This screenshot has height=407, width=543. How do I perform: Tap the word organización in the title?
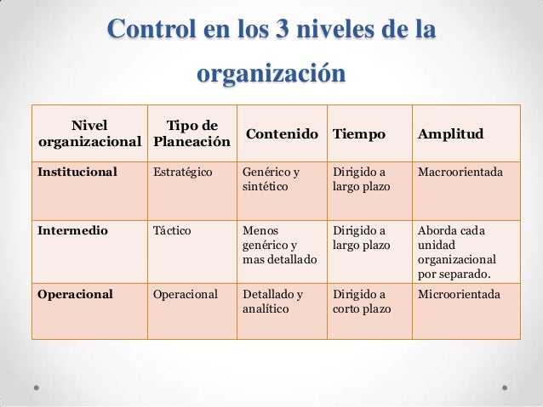coord(271,73)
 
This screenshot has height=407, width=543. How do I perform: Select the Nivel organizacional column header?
coord(90,133)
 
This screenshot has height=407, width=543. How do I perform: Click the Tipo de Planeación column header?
coord(191,133)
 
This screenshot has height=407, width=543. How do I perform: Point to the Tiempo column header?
coord(358,134)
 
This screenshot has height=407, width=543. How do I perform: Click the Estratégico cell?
coord(183,172)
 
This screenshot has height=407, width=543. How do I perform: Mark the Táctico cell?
coord(173,230)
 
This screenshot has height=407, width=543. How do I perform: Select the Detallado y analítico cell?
coord(273,302)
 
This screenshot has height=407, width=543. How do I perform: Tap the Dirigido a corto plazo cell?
coord(362,302)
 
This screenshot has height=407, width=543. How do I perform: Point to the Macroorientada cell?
coord(460,172)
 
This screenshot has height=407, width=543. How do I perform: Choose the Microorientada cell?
coord(458,295)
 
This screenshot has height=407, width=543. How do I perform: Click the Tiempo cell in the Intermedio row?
coord(362,237)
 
